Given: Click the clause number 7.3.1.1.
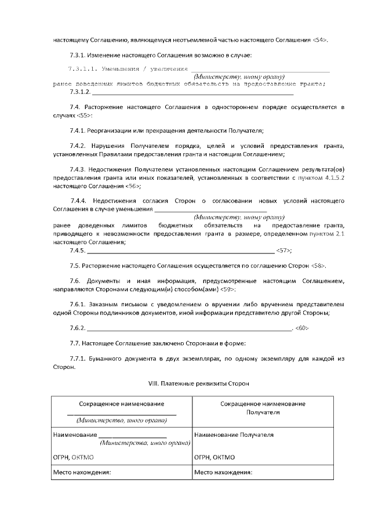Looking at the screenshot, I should point(83,69).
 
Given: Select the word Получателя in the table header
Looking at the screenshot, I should point(263,412).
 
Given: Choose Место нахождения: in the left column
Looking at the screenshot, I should point(82,472).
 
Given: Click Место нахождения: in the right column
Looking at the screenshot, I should point(223,472).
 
